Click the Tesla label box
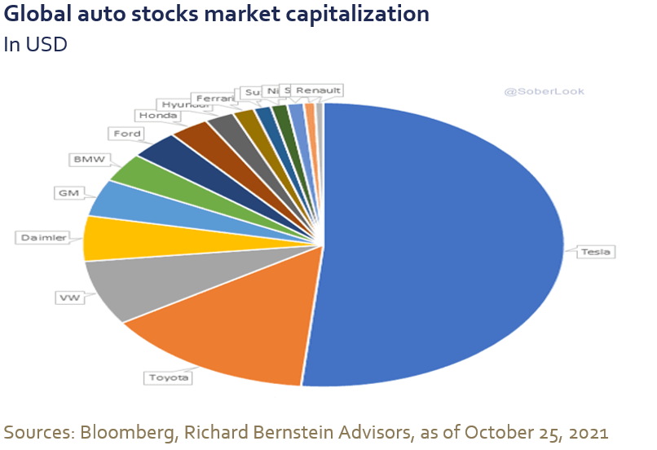pyautogui.click(x=594, y=253)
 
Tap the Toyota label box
pyautogui.click(x=169, y=377)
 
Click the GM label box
pyautogui.click(x=68, y=193)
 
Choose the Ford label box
pyautogui.click(x=126, y=132)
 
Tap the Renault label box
pyautogui.click(x=318, y=90)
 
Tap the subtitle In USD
pyautogui.click(x=35, y=44)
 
